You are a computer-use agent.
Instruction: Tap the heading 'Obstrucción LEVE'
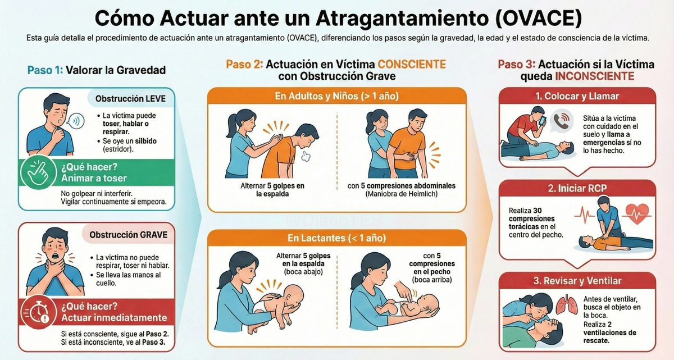[x=130, y=99]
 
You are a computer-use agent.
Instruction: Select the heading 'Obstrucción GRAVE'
[x=130, y=234]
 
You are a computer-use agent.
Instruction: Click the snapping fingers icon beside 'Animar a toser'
[x=38, y=173]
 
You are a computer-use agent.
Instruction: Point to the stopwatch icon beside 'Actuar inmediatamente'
[x=38, y=309]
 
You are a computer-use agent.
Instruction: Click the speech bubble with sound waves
[x=74, y=120]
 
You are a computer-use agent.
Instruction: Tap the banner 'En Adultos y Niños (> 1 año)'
[x=336, y=96]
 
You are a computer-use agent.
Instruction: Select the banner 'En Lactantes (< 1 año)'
[x=336, y=238]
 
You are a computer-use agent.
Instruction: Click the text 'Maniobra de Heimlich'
[x=400, y=194]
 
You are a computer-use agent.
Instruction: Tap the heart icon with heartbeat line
[x=637, y=214]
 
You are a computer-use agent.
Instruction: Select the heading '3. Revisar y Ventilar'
[x=577, y=281]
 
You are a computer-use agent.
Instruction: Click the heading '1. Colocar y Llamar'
[x=577, y=96]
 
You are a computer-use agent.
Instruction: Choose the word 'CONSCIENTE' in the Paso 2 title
[x=412, y=65]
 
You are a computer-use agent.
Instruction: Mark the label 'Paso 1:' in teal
[x=45, y=70]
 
